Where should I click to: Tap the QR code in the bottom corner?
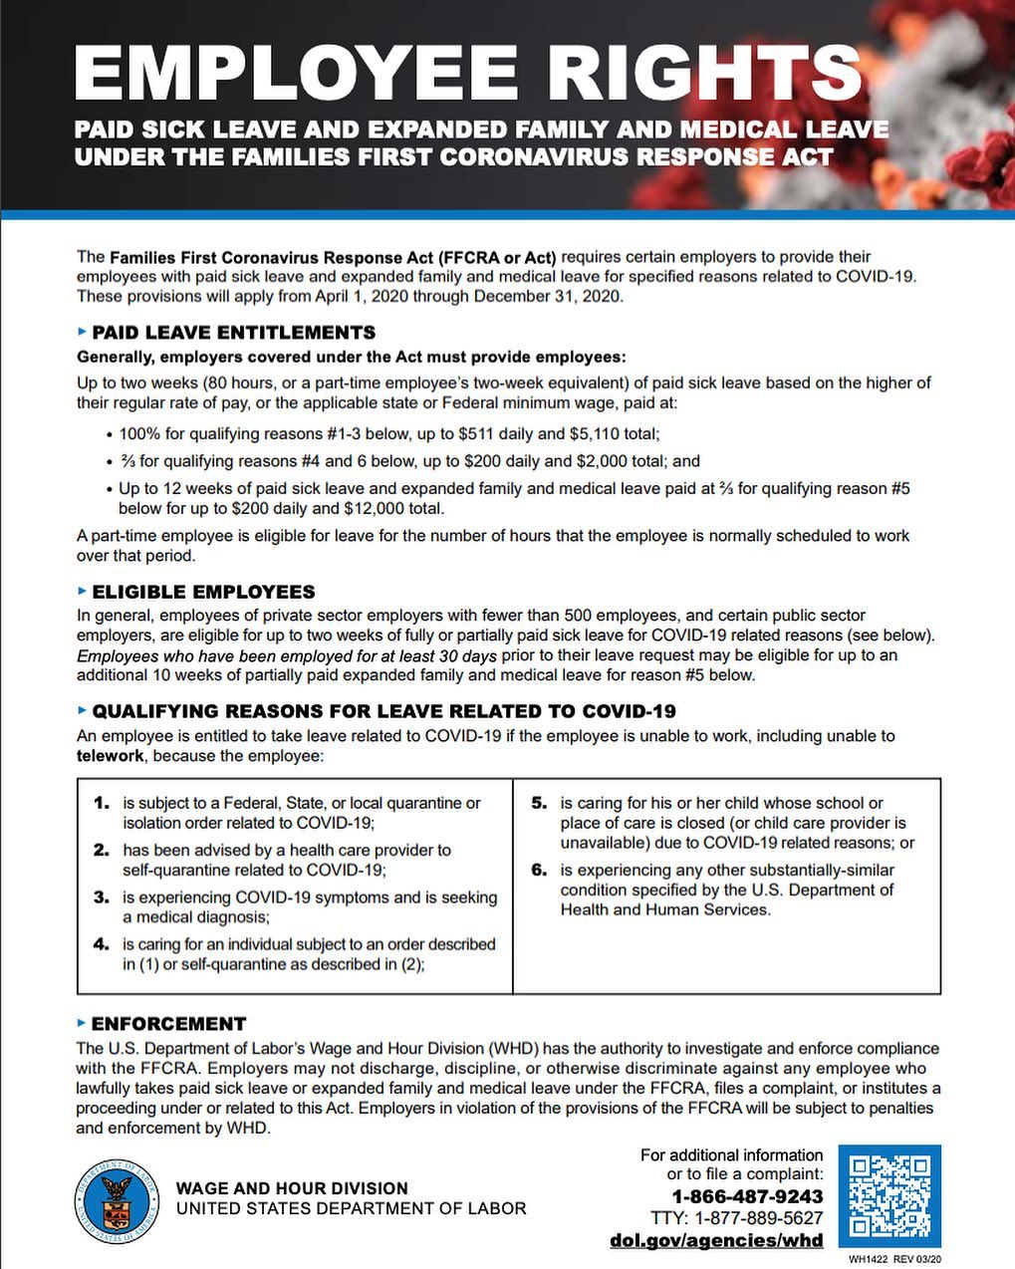[889, 1195]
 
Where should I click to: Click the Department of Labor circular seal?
[116, 1200]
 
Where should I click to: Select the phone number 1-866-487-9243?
[747, 1196]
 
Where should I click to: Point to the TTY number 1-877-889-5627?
[760, 1218]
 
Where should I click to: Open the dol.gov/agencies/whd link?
[716, 1240]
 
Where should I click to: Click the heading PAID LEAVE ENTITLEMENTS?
[233, 333]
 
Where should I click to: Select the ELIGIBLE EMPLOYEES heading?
[203, 592]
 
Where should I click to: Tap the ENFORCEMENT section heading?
[168, 1024]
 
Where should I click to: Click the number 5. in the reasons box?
[539, 803]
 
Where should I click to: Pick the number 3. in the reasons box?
[102, 897]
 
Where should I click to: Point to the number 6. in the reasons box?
[539, 870]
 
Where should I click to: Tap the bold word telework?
[111, 756]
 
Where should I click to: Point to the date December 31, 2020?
[547, 297]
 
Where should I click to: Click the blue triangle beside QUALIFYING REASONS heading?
[82, 710]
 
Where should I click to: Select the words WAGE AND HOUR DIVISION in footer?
[292, 1188]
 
